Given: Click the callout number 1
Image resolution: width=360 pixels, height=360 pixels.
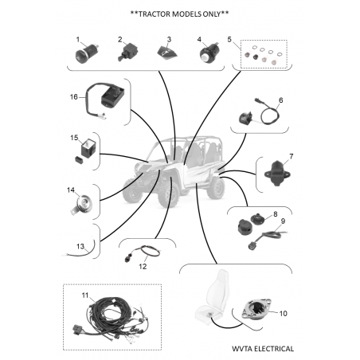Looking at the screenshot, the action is [78, 40].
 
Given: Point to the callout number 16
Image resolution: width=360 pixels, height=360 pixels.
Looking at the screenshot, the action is [73, 97].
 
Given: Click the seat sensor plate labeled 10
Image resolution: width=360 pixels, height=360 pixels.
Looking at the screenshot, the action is [256, 308].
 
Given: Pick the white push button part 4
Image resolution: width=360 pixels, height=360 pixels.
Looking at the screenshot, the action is [209, 53].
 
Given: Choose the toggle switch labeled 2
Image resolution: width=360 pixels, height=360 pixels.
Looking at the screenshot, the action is [127, 53].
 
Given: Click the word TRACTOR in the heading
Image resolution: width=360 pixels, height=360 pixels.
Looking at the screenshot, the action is [155, 14].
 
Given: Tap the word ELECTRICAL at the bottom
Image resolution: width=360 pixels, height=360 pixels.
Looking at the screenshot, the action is [274, 349].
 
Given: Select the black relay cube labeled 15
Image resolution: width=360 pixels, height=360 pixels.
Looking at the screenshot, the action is [88, 149].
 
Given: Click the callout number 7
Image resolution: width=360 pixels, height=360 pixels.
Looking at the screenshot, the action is [292, 156].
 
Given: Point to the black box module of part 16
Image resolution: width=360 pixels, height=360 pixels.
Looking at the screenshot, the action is [112, 95].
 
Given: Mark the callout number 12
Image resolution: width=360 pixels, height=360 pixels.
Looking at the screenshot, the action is [143, 266].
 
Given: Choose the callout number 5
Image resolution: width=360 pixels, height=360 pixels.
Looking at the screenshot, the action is [229, 40].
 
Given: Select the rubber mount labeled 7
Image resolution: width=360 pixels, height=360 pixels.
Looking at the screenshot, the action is [277, 174].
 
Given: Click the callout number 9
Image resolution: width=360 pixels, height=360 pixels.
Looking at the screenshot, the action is [283, 221].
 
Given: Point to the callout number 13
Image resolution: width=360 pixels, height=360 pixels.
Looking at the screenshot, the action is [80, 247].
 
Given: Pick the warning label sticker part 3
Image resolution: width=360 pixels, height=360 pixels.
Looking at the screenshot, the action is [167, 51].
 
